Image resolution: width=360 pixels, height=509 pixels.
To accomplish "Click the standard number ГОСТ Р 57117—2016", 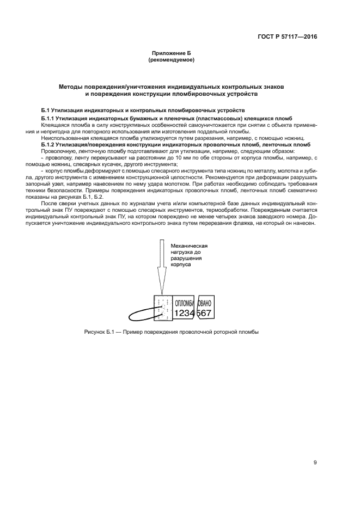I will coord(287,37).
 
